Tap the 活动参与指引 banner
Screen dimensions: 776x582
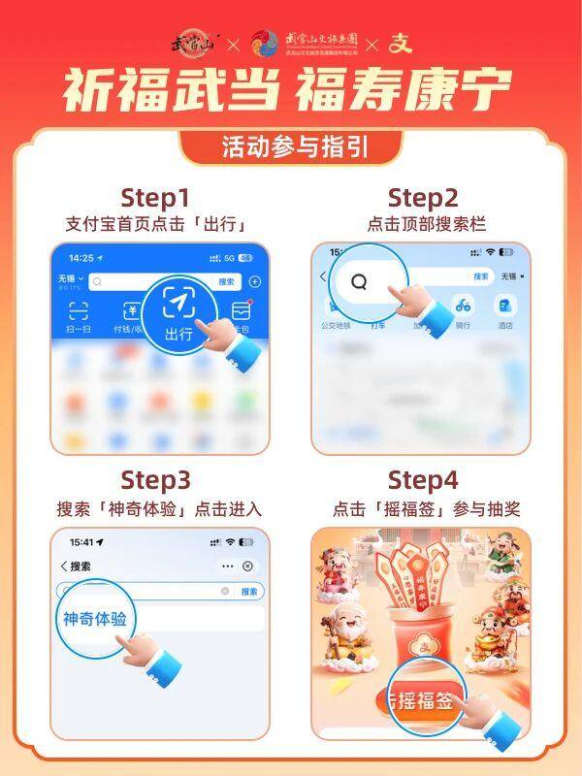pyautogui.click(x=290, y=147)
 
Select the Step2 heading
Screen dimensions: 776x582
pyautogui.click(x=422, y=199)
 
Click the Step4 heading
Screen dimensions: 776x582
pyautogui.click(x=422, y=480)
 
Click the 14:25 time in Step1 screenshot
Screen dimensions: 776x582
pyautogui.click(x=81, y=259)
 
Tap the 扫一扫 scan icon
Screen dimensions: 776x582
pyautogui.click(x=78, y=312)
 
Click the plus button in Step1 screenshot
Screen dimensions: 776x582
pyautogui.click(x=255, y=281)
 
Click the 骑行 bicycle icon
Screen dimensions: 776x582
pyautogui.click(x=465, y=305)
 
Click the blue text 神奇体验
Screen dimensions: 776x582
pyautogui.click(x=95, y=618)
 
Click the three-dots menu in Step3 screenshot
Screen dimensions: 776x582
pyautogui.click(x=227, y=566)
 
